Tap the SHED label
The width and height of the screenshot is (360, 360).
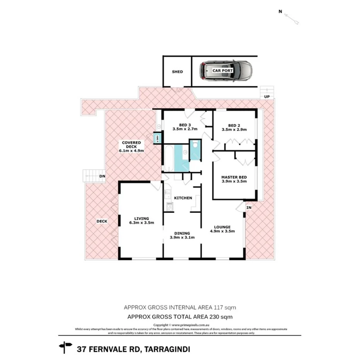(x=177, y=72)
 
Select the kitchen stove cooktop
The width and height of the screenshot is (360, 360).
(x=168, y=206)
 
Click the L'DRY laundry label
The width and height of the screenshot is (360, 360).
(x=157, y=138)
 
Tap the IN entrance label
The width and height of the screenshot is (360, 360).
(x=249, y=208)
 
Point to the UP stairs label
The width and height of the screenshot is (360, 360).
(x=266, y=97)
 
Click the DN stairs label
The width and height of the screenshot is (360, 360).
(x=103, y=176)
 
